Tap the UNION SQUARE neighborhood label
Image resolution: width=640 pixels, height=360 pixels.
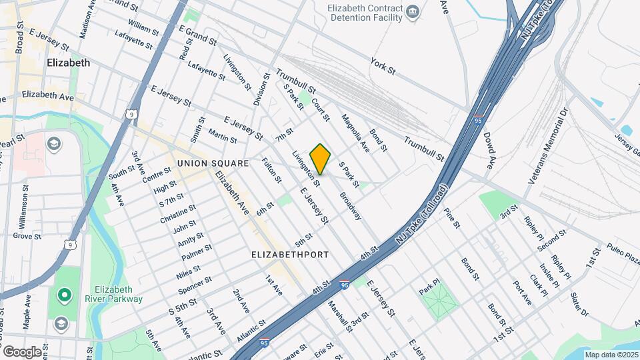point(213,163)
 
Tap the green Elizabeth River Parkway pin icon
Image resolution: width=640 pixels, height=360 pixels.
point(64,294)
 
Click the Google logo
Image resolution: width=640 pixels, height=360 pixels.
point(22,351)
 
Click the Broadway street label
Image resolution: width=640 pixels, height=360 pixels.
point(350,207)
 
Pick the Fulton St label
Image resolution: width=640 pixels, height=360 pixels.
point(271,171)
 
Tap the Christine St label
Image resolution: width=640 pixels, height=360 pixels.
point(177,214)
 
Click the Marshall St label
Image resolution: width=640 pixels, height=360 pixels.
point(339,316)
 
